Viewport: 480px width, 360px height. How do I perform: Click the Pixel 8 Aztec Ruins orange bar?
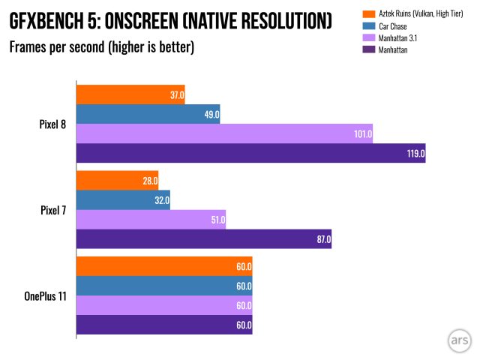pyautogui.click(x=130, y=94)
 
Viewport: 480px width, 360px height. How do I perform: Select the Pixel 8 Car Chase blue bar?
pyautogui.click(x=148, y=114)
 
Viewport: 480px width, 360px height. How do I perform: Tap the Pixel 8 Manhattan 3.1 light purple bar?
pyautogui.click(x=224, y=133)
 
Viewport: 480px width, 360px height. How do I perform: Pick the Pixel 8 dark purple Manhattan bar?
pyautogui.click(x=250, y=153)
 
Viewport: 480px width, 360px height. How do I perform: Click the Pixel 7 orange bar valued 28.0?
pyautogui.click(x=117, y=181)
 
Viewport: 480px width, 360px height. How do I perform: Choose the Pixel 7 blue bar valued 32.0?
pyautogui.click(x=123, y=200)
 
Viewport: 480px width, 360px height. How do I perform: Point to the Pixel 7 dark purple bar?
pyautogui.click(x=203, y=239)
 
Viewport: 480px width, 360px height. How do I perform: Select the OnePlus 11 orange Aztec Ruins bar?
pyautogui.click(x=164, y=266)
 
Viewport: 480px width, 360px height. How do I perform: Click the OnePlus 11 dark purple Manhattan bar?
pyautogui.click(x=164, y=325)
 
